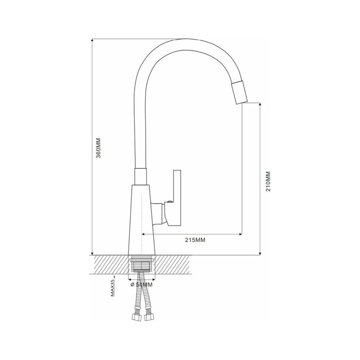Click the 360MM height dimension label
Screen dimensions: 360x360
(x=98, y=148)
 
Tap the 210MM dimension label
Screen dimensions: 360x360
(x=268, y=181)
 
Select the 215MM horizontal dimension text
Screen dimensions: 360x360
(x=195, y=240)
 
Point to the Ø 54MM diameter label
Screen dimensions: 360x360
(x=141, y=285)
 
